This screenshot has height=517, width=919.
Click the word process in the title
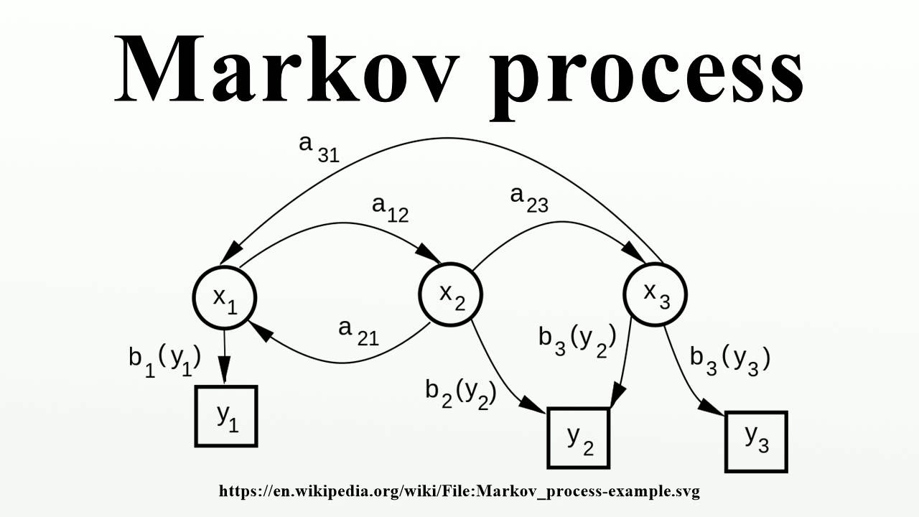647,72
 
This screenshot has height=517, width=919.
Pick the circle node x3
656,293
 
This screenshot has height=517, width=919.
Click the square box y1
226,416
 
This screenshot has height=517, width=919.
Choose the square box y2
579,438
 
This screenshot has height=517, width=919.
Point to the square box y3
756,441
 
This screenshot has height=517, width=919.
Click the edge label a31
318,147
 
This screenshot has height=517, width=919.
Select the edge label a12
390,209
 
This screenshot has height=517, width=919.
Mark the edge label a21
358,332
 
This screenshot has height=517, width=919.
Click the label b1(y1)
164,359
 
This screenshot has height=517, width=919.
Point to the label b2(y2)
460,392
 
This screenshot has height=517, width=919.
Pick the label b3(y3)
729,358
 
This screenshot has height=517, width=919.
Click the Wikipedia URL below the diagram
459,492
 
